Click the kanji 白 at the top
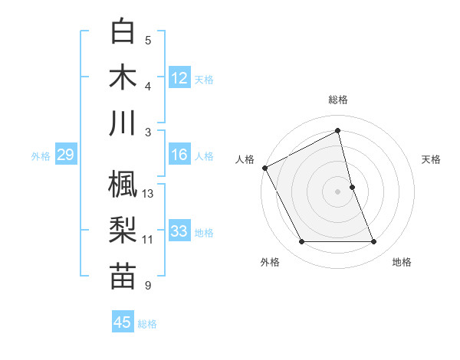tap(123, 32)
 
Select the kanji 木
tap(123, 77)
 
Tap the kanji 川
tap(123, 123)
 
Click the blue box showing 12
tap(179, 77)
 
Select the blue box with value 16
tap(179, 155)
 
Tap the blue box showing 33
tap(179, 231)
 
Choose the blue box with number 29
tap(65, 155)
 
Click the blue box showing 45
tap(123, 322)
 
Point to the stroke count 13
tap(149, 194)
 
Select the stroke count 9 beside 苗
tap(148, 286)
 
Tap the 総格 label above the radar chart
tap(338, 100)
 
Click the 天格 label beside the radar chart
tap(431, 160)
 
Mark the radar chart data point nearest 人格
tap(264, 167)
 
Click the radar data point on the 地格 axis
tap(374, 242)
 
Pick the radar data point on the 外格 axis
tap(301, 242)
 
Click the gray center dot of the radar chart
tap(338, 191)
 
